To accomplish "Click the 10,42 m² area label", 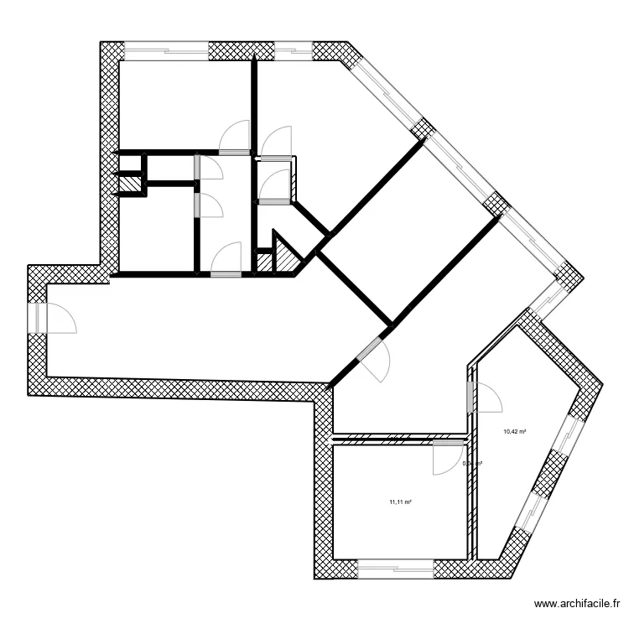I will coord(514,432).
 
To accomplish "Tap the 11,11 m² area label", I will coord(399,502).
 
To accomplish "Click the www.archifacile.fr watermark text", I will coord(580,604).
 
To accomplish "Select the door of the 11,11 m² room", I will coord(448,459).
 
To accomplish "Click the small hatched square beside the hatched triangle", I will coord(264,262).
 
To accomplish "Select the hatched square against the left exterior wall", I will coord(129,184).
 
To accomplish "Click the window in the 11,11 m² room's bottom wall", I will coord(395,569).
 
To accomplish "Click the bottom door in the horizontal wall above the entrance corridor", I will coord(225,273).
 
